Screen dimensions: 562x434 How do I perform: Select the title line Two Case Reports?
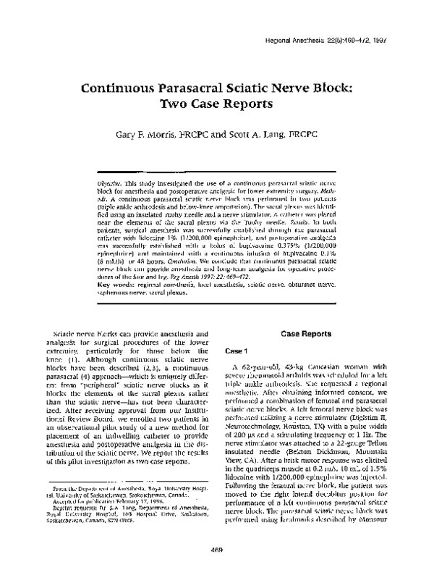click(x=217, y=104)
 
